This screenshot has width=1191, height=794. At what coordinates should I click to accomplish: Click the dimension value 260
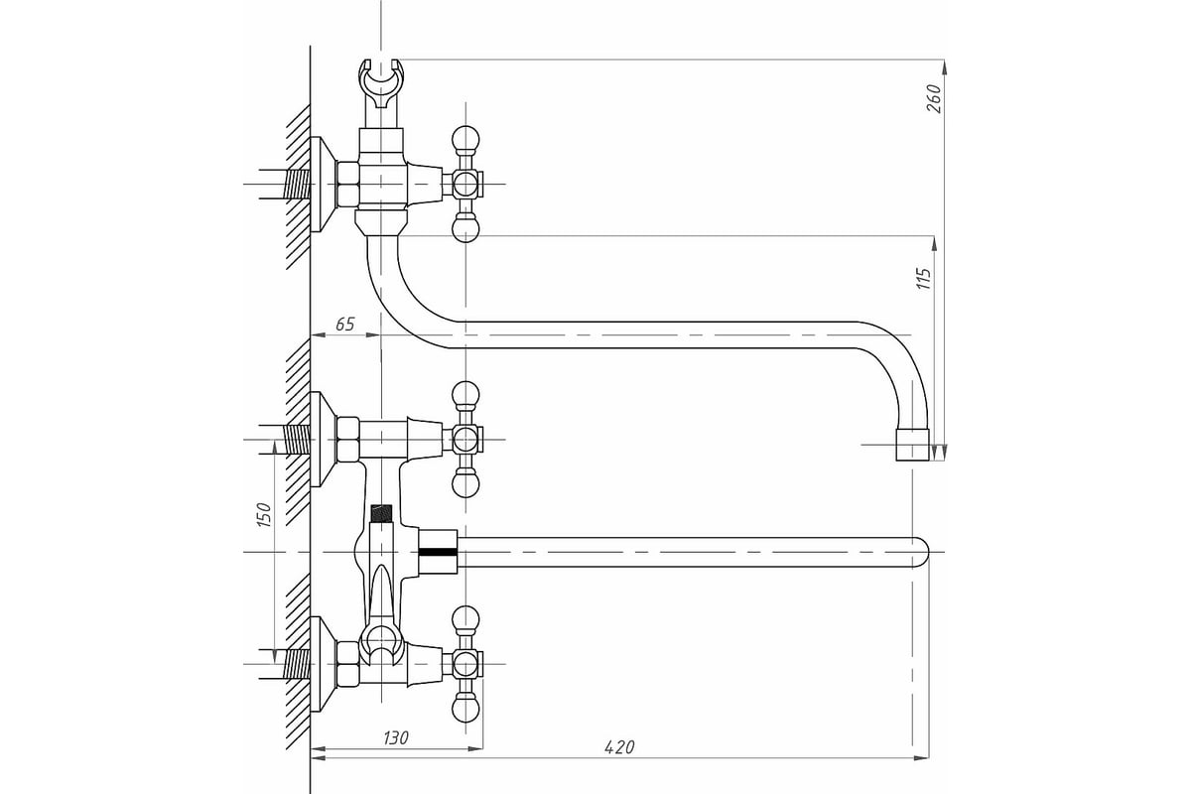(934, 98)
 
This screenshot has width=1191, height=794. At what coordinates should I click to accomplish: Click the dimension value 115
(924, 279)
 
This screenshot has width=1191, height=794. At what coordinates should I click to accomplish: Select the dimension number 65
(345, 324)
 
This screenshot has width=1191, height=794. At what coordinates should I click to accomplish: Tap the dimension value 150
(264, 514)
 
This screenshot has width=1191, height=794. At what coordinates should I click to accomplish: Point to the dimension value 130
(396, 737)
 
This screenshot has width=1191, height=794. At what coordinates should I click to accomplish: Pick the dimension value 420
(619, 747)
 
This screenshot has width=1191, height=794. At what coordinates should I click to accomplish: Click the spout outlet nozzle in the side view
(912, 444)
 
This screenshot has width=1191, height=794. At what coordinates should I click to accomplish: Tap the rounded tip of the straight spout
(922, 552)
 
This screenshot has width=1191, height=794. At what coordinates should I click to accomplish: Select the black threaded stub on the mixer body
(381, 513)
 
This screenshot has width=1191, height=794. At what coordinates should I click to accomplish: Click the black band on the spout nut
(438, 552)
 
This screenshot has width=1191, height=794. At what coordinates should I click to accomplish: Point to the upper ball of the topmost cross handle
(465, 139)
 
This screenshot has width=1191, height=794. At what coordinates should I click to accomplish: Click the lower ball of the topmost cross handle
(465, 229)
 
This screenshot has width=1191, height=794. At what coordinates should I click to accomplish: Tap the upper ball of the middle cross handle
(465, 395)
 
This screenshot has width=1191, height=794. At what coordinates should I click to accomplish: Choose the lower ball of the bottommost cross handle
(465, 709)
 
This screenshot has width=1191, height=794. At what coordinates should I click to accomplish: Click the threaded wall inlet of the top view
(296, 184)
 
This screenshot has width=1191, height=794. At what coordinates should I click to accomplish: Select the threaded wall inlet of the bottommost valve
(296, 664)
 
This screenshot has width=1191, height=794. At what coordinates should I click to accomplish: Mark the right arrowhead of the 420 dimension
(921, 757)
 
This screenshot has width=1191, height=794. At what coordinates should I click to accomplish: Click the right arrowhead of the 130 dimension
(474, 748)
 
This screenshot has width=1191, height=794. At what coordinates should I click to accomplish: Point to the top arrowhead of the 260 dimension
(944, 67)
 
